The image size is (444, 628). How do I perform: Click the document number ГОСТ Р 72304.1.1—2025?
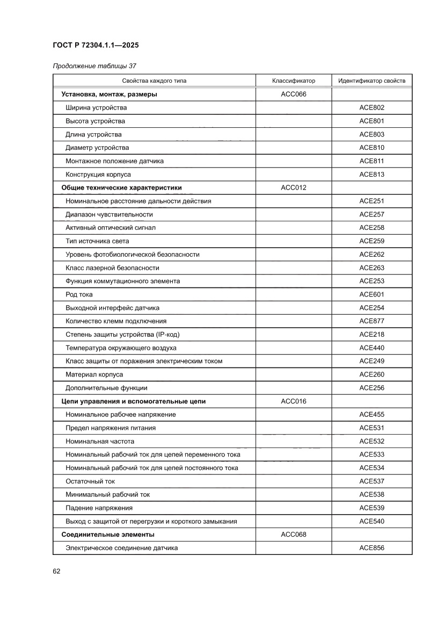tap(96, 45)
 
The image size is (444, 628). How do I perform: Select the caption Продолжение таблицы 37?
tap(94, 66)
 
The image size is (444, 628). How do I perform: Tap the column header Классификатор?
tap(293, 81)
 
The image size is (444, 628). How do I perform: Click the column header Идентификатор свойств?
tap(372, 81)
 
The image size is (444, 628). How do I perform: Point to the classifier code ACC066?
tap(293, 95)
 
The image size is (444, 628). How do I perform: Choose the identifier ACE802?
tap(372, 108)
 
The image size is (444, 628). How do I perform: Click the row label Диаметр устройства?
tap(97, 148)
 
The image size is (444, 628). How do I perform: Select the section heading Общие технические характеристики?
tap(121, 187)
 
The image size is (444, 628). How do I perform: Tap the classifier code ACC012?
tap(293, 187)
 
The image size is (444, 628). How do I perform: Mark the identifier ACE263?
tap(372, 268)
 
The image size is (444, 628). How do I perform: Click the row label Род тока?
tap(79, 294)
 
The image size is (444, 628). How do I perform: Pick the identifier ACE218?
tap(372, 335)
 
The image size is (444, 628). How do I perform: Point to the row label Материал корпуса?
tap(94, 374)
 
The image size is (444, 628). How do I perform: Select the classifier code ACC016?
tap(293, 401)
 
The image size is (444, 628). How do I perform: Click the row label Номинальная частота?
tap(100, 441)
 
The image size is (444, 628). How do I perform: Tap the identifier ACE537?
tap(372, 481)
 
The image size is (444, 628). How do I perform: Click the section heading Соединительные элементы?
tap(108, 535)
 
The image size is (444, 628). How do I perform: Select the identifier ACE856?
tap(372, 548)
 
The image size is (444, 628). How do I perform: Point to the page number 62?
tap(56, 571)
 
